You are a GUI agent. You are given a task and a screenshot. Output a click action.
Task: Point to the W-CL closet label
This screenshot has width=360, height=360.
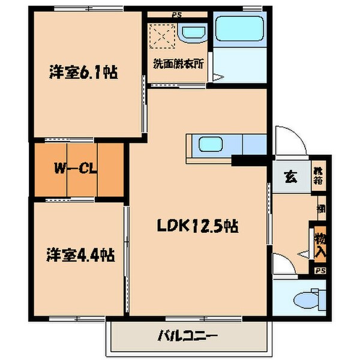coord(79,167)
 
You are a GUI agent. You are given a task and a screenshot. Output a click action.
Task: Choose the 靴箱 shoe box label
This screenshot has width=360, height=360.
coord(317,176)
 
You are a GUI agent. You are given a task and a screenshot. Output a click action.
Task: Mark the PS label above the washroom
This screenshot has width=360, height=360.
coord(177,14)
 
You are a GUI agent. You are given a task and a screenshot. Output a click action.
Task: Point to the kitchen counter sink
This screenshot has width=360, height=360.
coord(210,145)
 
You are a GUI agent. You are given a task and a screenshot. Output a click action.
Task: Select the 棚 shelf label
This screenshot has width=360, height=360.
coord(321,211)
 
